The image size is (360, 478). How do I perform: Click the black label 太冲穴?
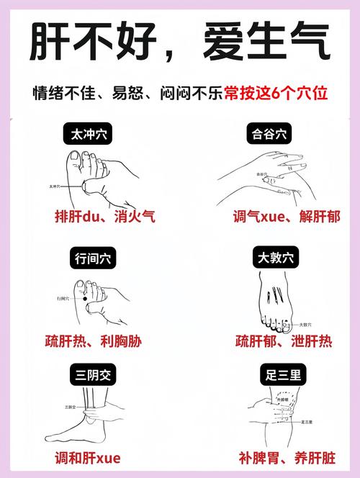click(87, 134)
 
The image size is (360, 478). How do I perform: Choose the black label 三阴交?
click(87, 375)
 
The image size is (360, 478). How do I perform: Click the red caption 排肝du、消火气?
click(105, 216)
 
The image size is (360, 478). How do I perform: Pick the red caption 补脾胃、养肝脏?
click(286, 457)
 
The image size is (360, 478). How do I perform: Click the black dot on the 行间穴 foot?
click(84, 298)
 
